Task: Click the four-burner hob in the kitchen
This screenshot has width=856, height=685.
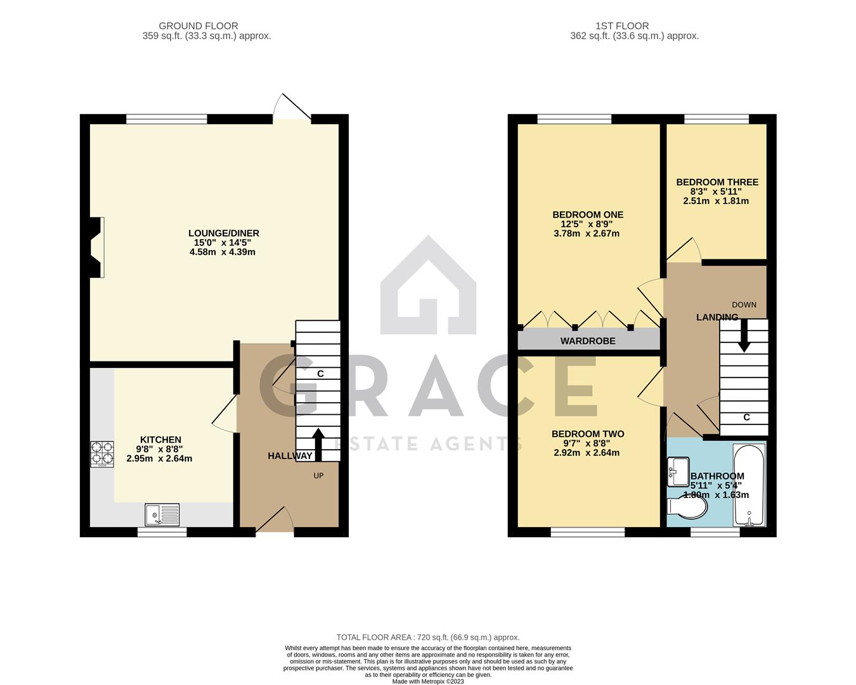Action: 102,454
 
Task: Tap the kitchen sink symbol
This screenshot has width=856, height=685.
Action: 162,514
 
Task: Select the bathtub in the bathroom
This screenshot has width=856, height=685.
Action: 749,485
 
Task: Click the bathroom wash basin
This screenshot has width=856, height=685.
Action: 678,472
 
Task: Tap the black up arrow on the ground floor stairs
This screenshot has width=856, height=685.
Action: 318,445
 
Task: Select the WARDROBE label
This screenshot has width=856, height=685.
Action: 588,341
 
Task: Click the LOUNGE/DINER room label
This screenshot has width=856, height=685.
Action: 224,233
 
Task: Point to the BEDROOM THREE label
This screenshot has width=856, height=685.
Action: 717,182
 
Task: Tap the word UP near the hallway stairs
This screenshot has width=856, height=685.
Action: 318,476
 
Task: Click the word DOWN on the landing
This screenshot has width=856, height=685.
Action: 744,304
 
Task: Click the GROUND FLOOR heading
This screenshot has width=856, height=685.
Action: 198,26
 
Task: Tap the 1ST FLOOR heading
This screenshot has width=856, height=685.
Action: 622,26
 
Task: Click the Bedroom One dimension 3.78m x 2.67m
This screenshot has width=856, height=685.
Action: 587,233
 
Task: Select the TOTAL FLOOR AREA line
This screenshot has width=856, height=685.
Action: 428,637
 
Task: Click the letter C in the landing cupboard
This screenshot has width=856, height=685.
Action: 746,417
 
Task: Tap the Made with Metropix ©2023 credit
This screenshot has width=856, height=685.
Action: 428,681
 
